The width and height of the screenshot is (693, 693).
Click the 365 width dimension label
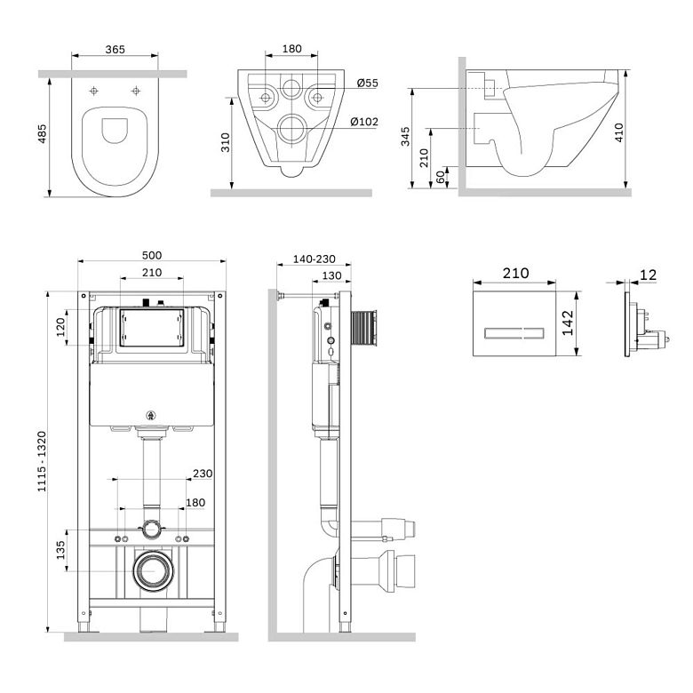115,50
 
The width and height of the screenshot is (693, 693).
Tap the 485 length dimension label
42,133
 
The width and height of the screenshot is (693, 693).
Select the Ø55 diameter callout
367,83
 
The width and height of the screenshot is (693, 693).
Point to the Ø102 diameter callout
364,122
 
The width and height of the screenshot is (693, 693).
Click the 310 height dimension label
226,142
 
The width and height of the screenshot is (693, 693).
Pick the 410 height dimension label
618,132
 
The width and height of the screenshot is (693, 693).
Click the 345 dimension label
405,137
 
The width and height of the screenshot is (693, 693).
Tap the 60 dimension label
441,177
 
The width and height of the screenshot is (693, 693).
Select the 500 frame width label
152,255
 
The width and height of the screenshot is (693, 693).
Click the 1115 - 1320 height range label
42,461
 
